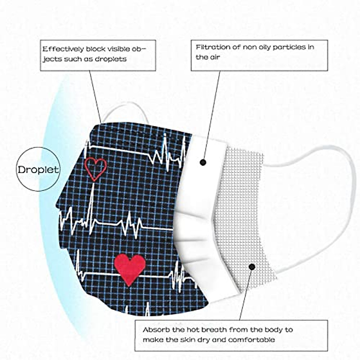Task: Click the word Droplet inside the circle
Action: point(38,169)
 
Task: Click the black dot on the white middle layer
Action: point(203,162)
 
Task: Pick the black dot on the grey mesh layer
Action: point(252,266)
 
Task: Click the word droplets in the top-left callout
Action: point(111,59)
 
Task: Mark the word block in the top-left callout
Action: point(95,49)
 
